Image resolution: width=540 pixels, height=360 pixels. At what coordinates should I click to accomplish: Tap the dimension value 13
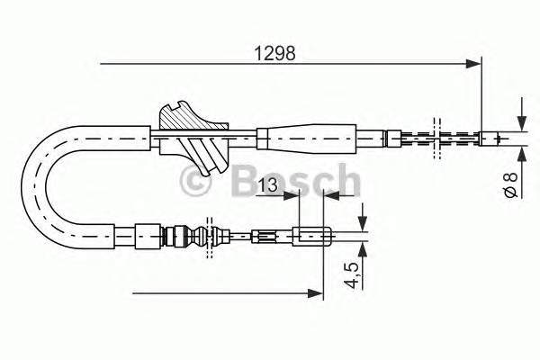point(266,186)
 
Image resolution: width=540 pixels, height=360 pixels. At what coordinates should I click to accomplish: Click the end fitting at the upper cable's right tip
point(493,138)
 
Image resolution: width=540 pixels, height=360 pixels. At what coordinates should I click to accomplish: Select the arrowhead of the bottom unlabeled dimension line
point(316,292)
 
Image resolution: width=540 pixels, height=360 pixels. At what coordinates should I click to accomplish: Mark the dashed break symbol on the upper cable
point(437,138)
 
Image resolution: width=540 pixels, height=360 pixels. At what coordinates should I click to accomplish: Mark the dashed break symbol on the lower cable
point(210,238)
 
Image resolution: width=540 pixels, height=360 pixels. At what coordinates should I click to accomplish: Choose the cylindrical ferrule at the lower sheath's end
point(145,238)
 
